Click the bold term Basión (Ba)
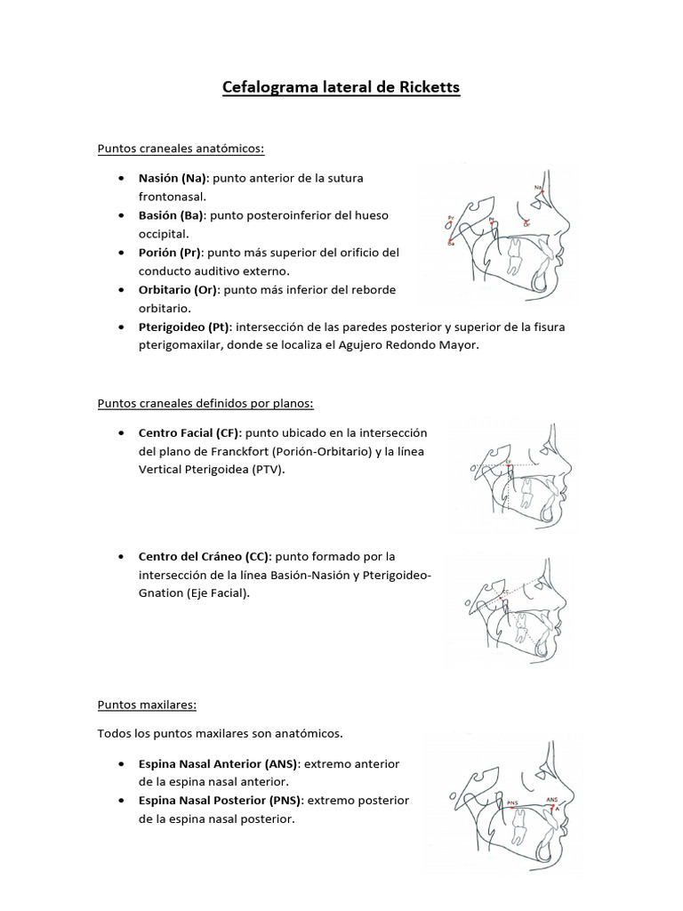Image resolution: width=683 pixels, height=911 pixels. click(171, 215)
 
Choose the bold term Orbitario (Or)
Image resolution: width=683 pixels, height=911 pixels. click(178, 289)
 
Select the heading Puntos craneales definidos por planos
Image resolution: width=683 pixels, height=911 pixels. click(205, 403)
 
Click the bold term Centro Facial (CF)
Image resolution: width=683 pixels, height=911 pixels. click(184, 432)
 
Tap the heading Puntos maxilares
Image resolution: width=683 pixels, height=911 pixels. click(146, 705)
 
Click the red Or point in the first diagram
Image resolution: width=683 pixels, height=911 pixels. click(527, 222)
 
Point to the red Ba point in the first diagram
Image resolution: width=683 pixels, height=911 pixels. click(451, 240)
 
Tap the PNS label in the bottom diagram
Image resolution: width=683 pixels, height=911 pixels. click(512, 802)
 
